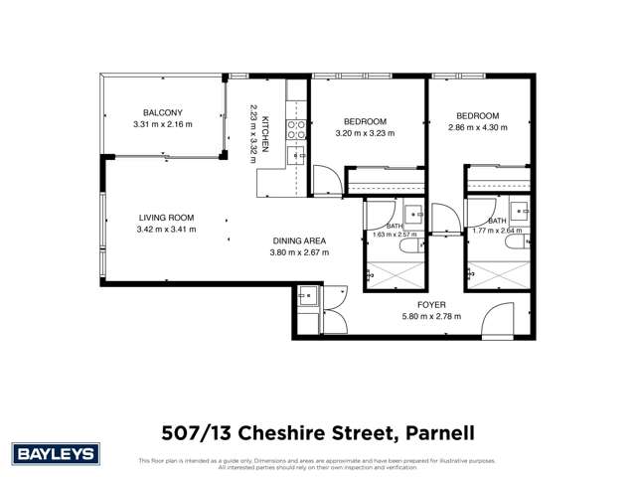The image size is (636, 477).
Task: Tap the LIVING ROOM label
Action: (x=166, y=218)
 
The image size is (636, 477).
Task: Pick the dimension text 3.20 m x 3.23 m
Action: (x=365, y=133)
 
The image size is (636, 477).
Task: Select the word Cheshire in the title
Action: (x=293, y=432)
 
